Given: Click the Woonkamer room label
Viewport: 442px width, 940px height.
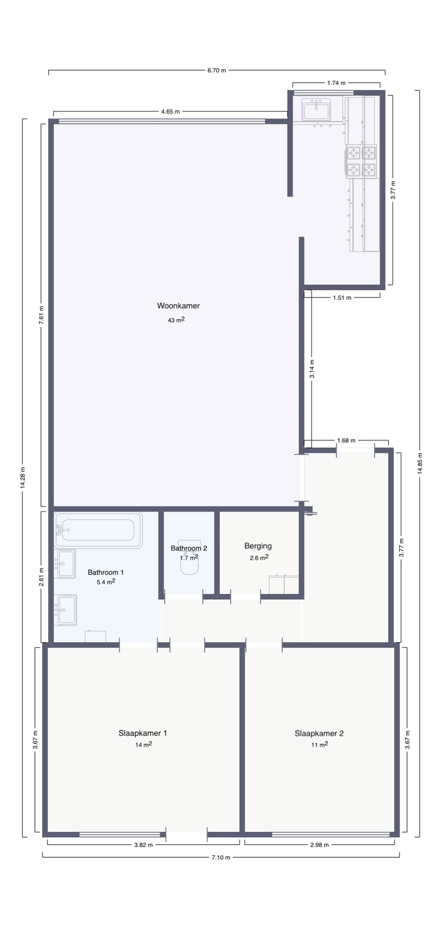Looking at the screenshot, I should pos(178,306).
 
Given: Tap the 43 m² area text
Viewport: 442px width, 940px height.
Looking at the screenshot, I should pos(176,320).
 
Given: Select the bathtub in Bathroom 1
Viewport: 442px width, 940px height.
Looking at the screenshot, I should pos(98,530).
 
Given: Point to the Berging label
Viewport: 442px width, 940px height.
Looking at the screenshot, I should pos(258,546).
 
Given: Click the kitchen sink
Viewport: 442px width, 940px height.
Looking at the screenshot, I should pos(316,109).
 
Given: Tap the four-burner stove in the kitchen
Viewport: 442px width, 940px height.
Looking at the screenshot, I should pos(361,161).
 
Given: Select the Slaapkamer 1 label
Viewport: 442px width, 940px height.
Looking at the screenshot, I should pos(142,733).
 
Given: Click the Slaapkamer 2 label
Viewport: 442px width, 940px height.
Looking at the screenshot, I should pos(319,733).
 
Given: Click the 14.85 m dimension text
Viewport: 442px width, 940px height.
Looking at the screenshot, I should pos(420,463).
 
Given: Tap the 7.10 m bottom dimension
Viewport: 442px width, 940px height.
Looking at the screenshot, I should pos(221,857).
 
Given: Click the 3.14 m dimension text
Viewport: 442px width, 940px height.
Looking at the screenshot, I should pos(312,368).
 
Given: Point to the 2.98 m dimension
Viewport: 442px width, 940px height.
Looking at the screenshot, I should pos(319,845).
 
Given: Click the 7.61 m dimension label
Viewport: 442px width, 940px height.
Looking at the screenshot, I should pos(42,315).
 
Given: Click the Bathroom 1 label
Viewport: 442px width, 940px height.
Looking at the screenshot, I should pos(106,572).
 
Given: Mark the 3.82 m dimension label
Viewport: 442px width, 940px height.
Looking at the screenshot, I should pos(143,845).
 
